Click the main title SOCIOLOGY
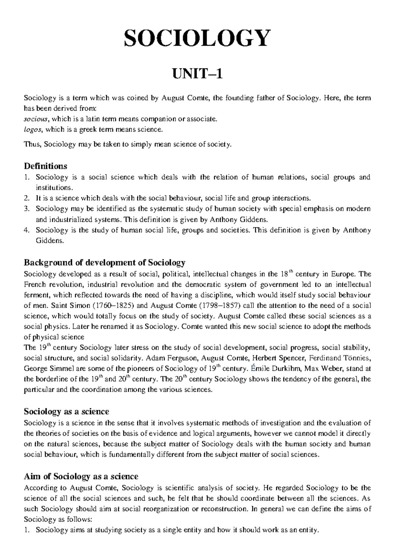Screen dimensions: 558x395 (197, 38)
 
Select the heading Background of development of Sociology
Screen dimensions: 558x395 (105, 263)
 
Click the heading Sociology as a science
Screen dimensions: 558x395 (66, 412)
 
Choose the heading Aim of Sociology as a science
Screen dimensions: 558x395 (81, 476)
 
